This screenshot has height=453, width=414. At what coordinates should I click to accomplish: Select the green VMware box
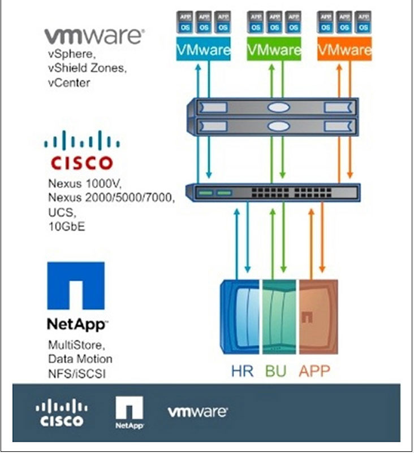pos(274,50)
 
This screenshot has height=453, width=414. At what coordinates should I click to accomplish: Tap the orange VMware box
pos(344,50)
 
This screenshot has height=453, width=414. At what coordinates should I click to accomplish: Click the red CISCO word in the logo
pos(82,163)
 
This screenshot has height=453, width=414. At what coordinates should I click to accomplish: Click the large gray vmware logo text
pos(94,37)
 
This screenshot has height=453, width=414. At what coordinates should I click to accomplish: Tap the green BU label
pos(276,371)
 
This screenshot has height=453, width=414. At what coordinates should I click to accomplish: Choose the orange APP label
pos(314,371)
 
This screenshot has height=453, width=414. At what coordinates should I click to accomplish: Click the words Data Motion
pos(80,359)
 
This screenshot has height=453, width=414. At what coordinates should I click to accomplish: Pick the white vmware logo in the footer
pos(197,412)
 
